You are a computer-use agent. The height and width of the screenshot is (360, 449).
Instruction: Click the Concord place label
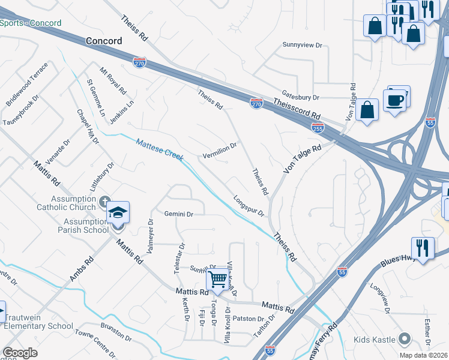pos(104,41)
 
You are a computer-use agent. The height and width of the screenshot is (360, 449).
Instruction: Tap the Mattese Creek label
pos(159,148)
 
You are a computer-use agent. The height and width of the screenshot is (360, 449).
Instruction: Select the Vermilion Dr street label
pos(220,147)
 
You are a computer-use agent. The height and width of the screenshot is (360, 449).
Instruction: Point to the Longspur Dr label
pos(249,205)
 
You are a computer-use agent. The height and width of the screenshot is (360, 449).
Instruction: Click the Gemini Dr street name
pos(179,214)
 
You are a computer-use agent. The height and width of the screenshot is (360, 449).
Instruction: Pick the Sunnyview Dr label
pos(303,45)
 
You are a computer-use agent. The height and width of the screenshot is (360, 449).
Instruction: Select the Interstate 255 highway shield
pos(318,127)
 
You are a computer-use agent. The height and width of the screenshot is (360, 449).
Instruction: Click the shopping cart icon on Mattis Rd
pos(217,278)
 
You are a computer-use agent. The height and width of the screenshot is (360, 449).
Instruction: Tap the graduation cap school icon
pos(118,212)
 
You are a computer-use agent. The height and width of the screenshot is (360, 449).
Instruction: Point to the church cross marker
pos(105,202)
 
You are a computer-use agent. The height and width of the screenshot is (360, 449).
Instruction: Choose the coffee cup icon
pos(394,100)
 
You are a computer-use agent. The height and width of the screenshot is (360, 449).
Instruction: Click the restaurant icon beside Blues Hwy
pos(423,248)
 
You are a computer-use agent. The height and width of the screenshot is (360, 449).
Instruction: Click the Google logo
pos(20,353)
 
